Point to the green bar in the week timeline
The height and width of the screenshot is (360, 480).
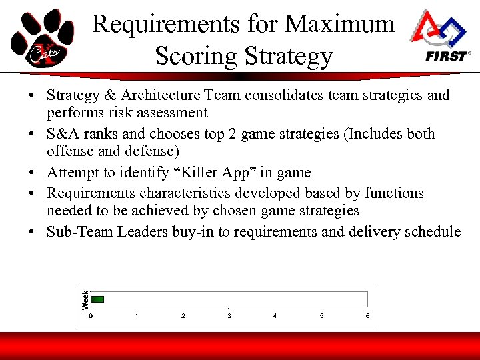point(98,299)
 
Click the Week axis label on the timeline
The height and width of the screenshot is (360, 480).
point(85,298)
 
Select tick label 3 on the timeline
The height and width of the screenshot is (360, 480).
point(229,315)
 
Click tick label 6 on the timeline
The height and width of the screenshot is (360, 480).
point(367,315)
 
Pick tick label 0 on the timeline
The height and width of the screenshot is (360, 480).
point(91,315)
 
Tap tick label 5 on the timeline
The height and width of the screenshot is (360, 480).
point(321,315)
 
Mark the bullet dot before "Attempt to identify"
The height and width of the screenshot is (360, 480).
point(32,173)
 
